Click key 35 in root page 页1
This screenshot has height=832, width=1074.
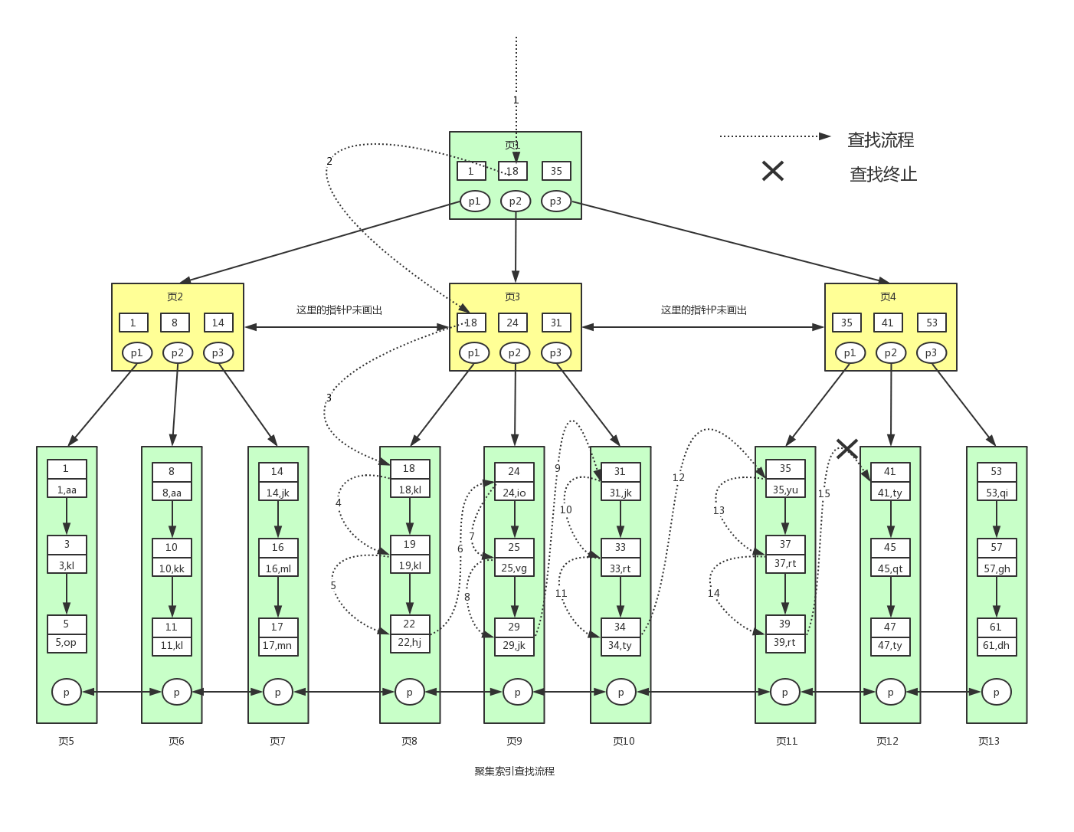(x=556, y=171)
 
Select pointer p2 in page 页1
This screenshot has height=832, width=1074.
(x=516, y=201)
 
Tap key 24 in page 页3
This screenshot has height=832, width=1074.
(x=512, y=323)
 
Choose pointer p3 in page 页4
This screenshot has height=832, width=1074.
(x=931, y=352)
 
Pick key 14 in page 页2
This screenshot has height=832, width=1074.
(x=218, y=323)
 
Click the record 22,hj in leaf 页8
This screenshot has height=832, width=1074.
(x=410, y=642)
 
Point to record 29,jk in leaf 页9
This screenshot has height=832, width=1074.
(x=514, y=645)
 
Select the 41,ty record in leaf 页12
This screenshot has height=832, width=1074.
(x=890, y=492)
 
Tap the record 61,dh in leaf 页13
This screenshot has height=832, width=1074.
(x=996, y=645)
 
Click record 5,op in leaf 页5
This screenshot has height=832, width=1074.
(x=66, y=642)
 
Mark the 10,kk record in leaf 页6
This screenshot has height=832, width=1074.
(x=172, y=568)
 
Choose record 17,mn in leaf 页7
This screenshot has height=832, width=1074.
(x=277, y=645)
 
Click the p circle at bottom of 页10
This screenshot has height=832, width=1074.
(x=620, y=692)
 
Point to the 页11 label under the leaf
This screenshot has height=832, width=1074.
(x=787, y=741)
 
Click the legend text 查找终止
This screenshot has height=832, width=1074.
(x=882, y=174)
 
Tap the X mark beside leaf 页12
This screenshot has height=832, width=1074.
(x=846, y=449)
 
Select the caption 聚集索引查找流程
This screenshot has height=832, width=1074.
(x=514, y=771)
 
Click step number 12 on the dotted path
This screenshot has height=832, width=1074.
(x=678, y=477)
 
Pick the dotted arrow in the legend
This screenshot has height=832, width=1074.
(x=774, y=136)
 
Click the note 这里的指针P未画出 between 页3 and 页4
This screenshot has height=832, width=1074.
(x=703, y=310)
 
